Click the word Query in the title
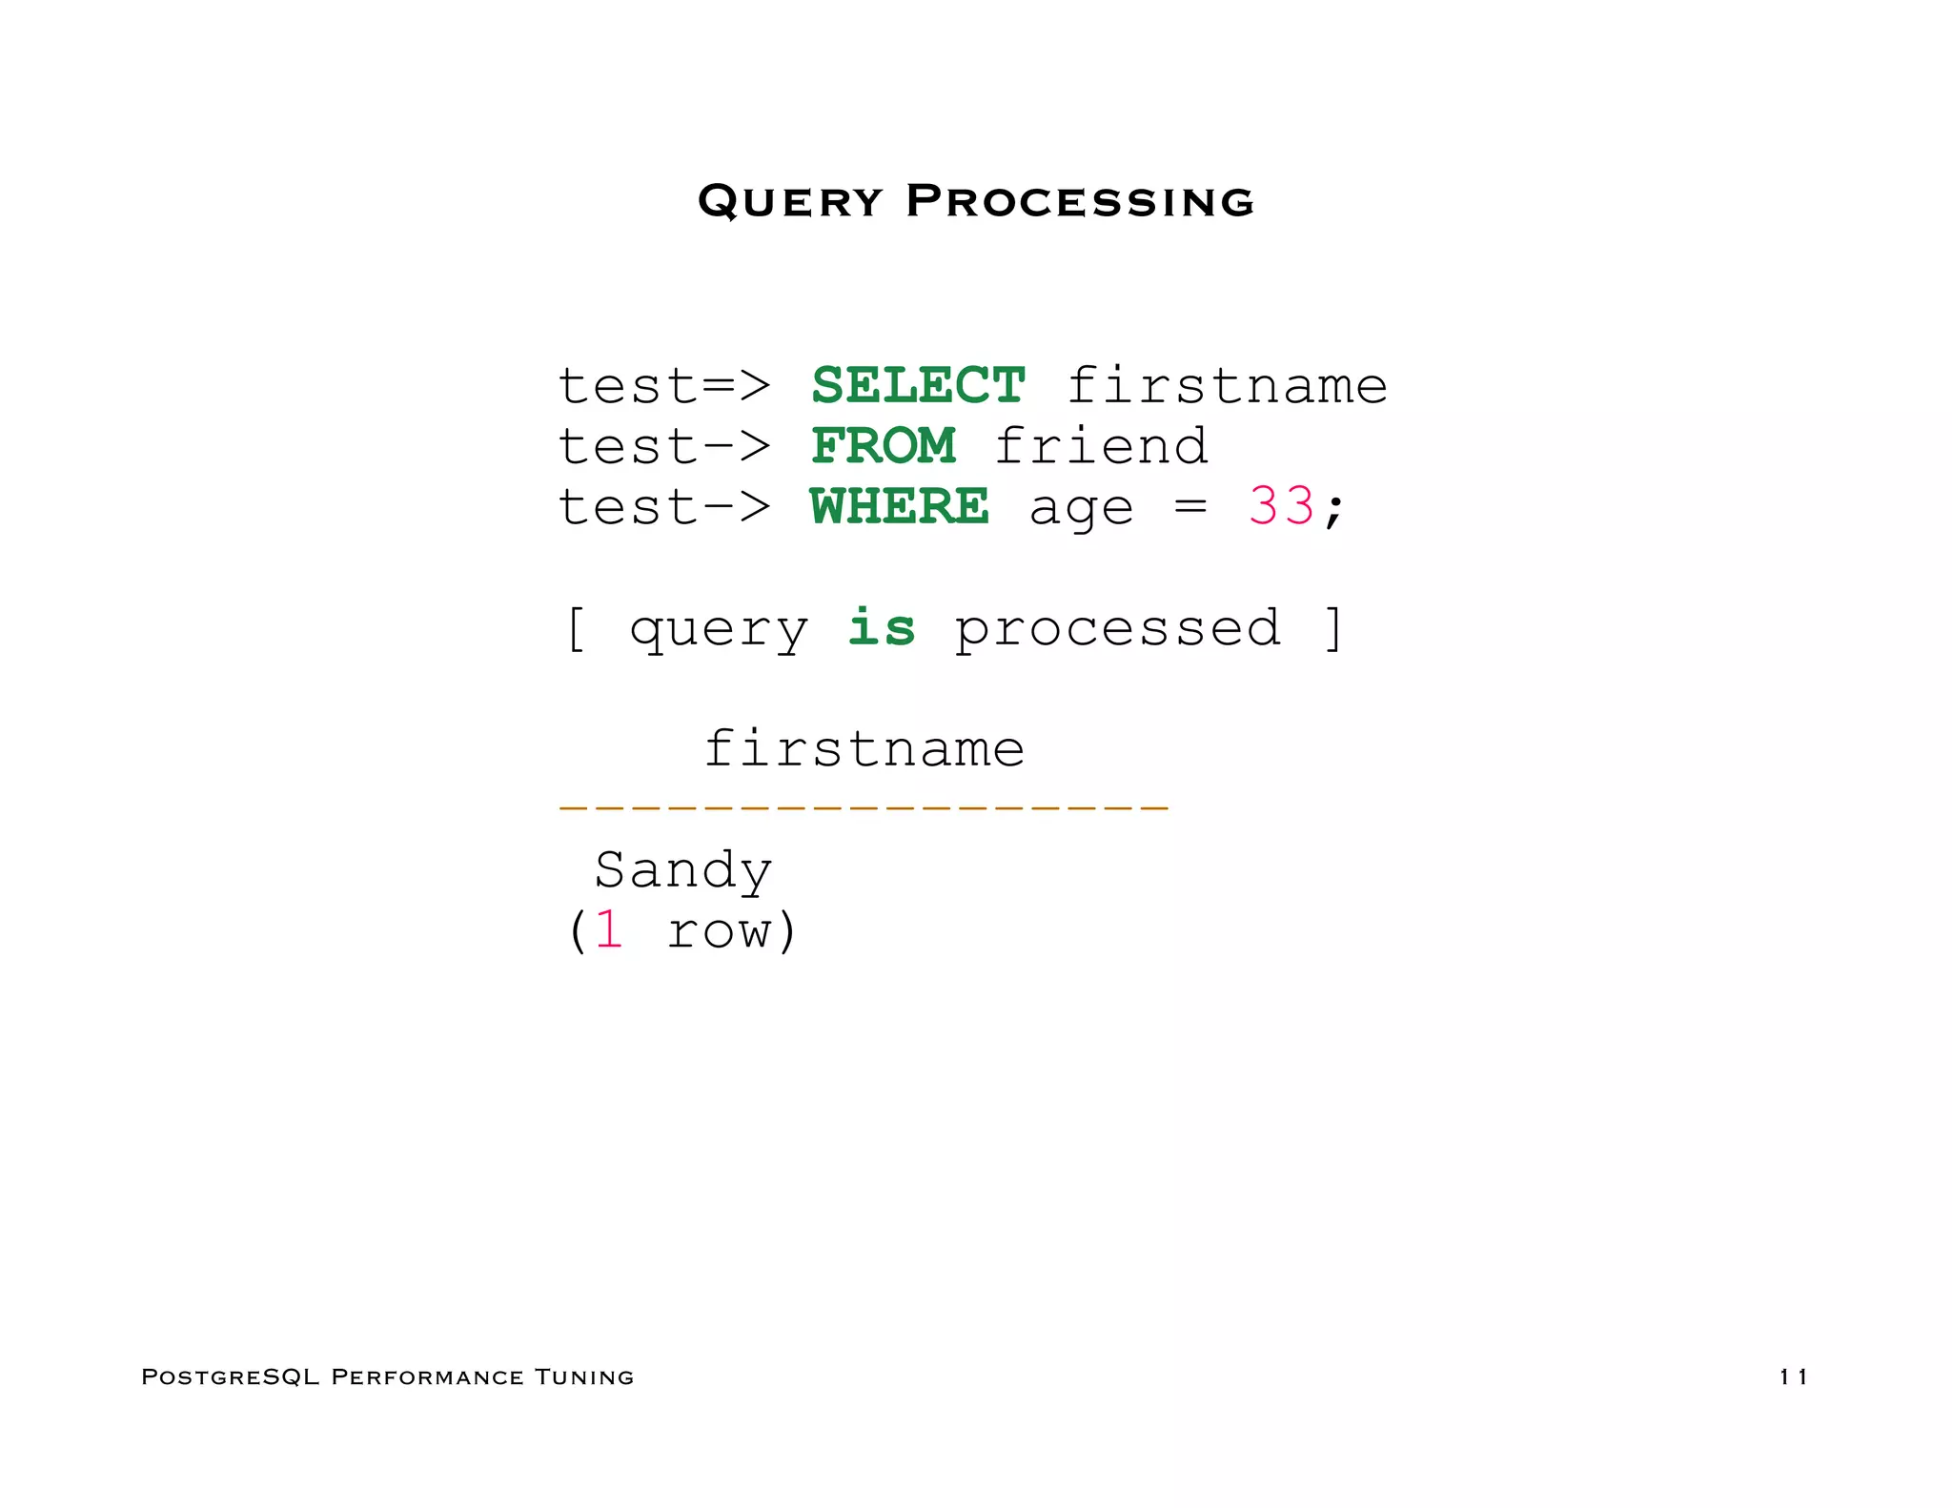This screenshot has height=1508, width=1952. click(x=790, y=201)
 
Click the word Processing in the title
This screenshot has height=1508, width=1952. click(x=1080, y=201)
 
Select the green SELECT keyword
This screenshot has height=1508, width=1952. click(x=918, y=386)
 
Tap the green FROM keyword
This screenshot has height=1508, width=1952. click(x=884, y=446)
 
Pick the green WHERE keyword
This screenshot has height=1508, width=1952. click(x=899, y=506)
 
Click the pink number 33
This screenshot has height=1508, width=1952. click(x=1281, y=506)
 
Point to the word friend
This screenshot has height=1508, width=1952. click(x=1101, y=446)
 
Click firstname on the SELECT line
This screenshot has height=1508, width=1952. click(x=1227, y=386)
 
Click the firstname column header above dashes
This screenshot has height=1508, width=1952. click(x=864, y=748)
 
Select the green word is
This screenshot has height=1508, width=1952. click(x=882, y=627)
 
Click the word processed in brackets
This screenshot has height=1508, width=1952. click(x=1117, y=629)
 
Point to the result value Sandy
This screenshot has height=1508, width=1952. click(x=682, y=870)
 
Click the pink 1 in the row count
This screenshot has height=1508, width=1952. click(x=609, y=930)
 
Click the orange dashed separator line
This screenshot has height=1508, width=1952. click(x=864, y=807)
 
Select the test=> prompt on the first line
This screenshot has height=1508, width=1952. click(x=663, y=386)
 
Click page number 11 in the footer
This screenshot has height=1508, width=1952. click(x=1793, y=1376)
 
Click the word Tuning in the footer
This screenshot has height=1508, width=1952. click(x=583, y=1376)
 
